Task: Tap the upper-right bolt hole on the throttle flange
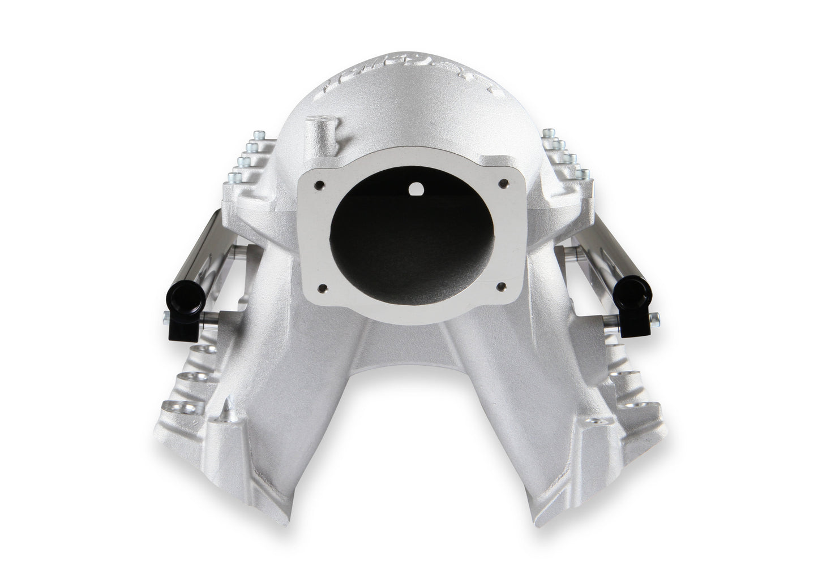[x=501, y=184]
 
